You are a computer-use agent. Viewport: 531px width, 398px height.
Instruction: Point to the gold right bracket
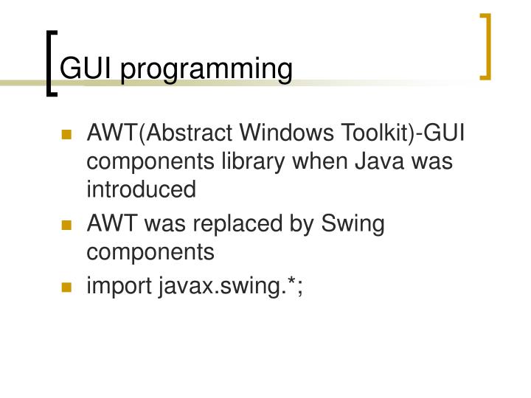[x=485, y=46]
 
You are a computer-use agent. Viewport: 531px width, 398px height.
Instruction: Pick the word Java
[x=382, y=162]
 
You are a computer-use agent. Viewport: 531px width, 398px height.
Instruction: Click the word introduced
[x=142, y=189]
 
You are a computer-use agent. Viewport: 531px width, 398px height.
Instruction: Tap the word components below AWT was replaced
[x=150, y=253]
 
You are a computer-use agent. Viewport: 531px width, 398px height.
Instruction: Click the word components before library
[x=150, y=163]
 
